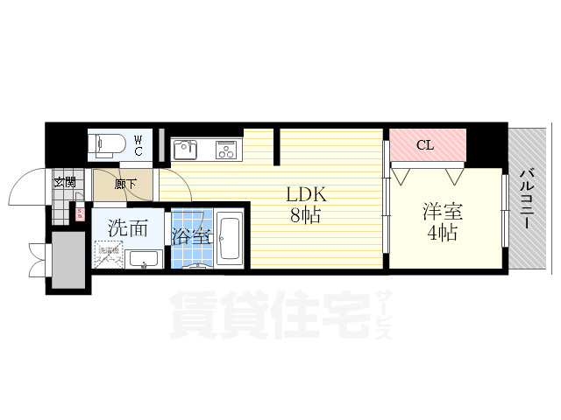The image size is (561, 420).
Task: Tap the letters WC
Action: (x=140, y=144)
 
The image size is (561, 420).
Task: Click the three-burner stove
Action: (x=226, y=150)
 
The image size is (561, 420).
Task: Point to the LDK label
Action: (x=305, y=194)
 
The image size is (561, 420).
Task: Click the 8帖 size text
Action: (x=305, y=214)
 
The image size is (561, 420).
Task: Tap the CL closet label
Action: (x=424, y=145)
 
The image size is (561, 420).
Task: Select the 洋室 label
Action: (x=443, y=211)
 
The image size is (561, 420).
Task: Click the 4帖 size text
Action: (x=443, y=233)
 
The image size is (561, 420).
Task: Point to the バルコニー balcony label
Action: (x=528, y=200)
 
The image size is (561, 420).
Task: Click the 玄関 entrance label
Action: (x=63, y=182)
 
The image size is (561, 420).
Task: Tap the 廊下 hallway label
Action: (x=124, y=184)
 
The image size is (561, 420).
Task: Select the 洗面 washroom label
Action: (x=128, y=227)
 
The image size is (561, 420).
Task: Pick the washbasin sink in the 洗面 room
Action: (x=142, y=259)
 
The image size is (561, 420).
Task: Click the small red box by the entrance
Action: (x=79, y=213)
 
